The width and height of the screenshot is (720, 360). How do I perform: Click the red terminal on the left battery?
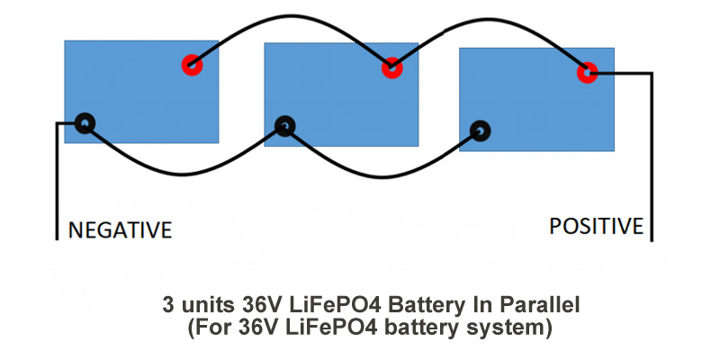pos(191,65)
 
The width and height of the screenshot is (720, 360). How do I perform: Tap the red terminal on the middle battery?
pos(391,67)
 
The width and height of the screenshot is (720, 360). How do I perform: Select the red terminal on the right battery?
pos(587,73)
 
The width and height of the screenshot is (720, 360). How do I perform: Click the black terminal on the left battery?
pos(85,122)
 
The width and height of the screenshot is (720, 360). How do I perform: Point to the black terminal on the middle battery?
pos(285,126)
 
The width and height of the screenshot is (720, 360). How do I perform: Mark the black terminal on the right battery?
pos(481,131)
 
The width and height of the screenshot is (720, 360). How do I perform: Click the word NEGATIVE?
pos(120,229)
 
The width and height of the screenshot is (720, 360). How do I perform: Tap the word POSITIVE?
pos(596,226)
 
